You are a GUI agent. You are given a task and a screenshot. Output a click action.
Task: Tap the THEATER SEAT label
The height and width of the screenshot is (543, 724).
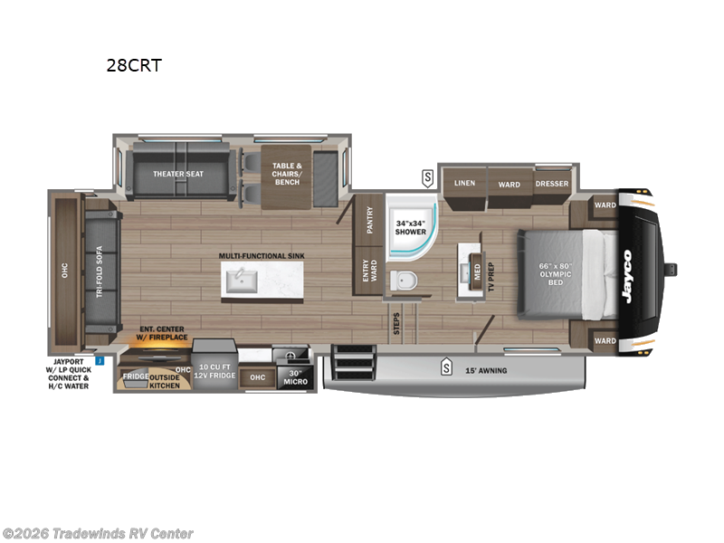(176, 174)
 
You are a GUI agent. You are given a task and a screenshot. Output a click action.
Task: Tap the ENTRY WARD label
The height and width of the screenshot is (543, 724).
(369, 271)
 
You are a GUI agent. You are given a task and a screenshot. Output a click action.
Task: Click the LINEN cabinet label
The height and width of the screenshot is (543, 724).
(464, 183)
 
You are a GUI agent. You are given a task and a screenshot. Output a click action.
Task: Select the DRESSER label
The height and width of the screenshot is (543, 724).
(551, 184)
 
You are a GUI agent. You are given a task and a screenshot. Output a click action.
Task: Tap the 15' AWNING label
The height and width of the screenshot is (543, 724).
(487, 370)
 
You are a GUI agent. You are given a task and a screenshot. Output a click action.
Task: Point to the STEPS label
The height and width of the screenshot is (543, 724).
(396, 324)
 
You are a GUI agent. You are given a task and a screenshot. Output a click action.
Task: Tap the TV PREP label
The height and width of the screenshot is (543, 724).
(491, 273)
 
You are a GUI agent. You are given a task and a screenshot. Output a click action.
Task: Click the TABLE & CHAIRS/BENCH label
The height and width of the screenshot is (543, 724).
(286, 173)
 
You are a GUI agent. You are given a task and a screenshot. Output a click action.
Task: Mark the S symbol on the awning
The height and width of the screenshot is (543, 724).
(445, 367)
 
